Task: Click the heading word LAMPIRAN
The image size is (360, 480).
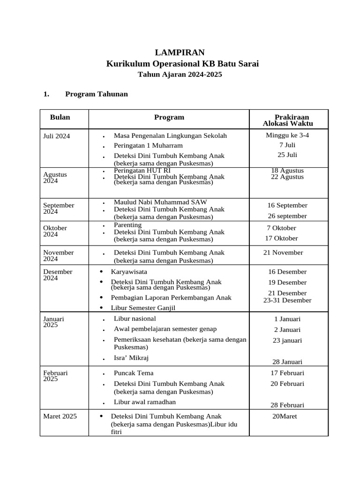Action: (180, 52)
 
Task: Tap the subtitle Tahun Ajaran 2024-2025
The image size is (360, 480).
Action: (180, 74)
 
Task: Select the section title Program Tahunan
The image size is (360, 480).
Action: (96, 94)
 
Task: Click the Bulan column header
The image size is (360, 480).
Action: (60, 117)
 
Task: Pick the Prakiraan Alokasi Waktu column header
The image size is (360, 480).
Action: (288, 120)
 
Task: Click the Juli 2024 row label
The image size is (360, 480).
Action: (57, 136)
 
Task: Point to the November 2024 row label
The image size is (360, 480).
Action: (59, 255)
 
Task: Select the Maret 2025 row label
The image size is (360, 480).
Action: (60, 416)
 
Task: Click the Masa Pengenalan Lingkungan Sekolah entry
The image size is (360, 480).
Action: (170, 135)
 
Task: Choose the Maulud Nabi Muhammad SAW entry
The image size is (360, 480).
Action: (160, 202)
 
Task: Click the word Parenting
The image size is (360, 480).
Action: (127, 225)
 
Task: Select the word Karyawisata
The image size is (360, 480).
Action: (129, 271)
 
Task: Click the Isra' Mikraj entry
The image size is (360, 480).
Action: (131, 358)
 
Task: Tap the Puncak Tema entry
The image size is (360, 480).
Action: (134, 373)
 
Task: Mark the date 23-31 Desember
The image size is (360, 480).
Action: (287, 300)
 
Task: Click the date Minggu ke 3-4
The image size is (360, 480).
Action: (287, 135)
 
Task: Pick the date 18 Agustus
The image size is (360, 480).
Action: (287, 170)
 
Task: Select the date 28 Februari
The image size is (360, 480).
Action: (287, 405)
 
